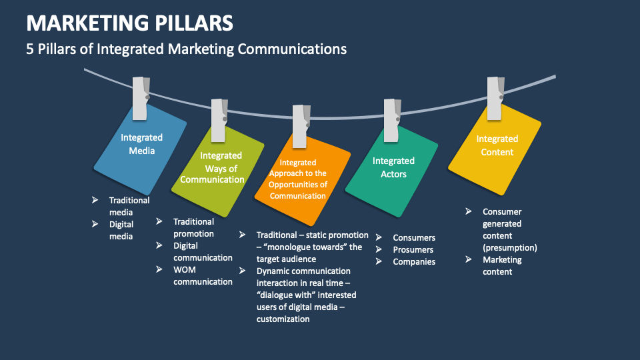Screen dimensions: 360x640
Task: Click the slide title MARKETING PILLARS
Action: pyautogui.click(x=130, y=23)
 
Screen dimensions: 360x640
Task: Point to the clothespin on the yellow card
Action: pyautogui.click(x=494, y=98)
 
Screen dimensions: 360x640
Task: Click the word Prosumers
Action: pyautogui.click(x=413, y=250)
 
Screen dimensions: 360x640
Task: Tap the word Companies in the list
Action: pyautogui.click(x=414, y=262)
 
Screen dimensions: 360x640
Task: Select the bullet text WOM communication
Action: pyautogui.click(x=203, y=276)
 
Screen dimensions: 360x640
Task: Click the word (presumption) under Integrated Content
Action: pyautogui.click(x=510, y=247)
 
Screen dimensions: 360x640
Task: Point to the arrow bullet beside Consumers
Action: pyautogui.click(x=379, y=237)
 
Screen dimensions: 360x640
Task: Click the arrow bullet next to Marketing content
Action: pyautogui.click(x=469, y=259)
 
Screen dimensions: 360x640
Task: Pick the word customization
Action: pyautogui.click(x=283, y=319)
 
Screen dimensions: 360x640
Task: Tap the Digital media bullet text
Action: pyautogui.click(x=121, y=231)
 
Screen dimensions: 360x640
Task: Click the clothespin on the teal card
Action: pyautogui.click(x=392, y=120)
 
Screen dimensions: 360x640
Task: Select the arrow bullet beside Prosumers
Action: pyautogui.click(x=379, y=249)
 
